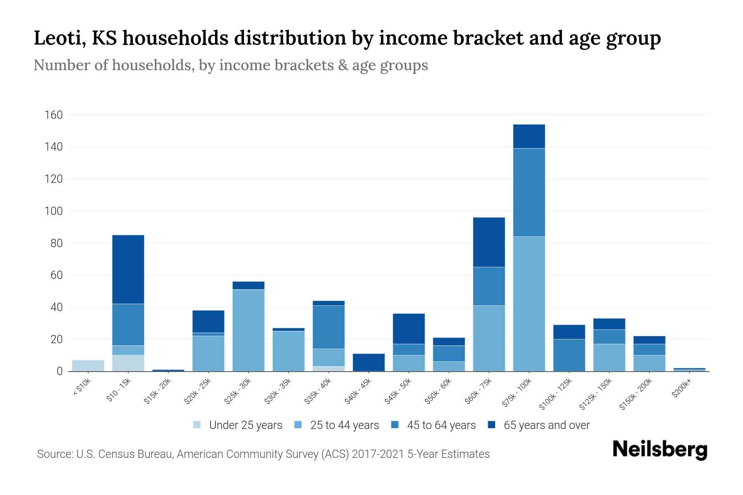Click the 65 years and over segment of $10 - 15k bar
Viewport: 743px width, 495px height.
tap(128, 269)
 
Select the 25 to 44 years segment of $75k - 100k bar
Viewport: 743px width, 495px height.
tap(529, 304)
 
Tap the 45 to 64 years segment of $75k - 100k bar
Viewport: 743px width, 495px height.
tap(529, 192)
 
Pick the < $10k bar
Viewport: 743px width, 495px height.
tap(88, 365)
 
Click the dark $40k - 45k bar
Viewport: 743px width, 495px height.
tap(369, 362)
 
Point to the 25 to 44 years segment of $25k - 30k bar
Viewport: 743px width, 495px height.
tap(248, 330)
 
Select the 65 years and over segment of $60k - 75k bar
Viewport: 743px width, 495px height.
tap(489, 242)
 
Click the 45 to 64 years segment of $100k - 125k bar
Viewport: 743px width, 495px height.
tap(569, 355)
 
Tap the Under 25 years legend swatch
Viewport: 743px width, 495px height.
tap(197, 424)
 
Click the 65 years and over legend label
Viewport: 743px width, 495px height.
tap(547, 425)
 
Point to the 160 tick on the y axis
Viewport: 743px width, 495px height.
tap(54, 115)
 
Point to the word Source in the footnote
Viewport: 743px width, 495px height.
tap(54, 454)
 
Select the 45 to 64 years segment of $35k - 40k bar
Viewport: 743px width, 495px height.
tap(329, 327)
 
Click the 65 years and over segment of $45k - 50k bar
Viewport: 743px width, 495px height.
tap(409, 329)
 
